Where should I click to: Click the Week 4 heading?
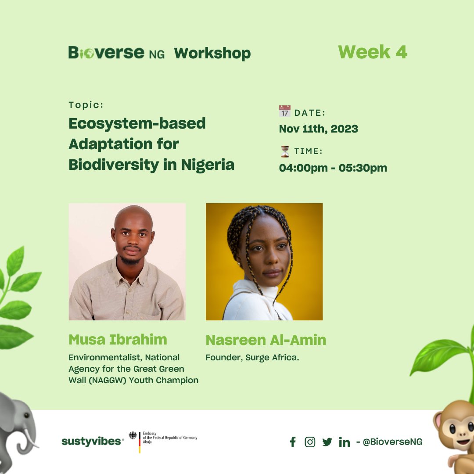click(373, 52)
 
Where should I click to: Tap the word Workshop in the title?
click(212, 53)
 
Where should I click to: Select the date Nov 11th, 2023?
click(319, 129)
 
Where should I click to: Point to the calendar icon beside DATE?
click(285, 111)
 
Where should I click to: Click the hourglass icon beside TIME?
click(285, 151)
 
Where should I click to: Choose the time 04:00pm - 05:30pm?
click(333, 168)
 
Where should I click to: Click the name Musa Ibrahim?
click(118, 340)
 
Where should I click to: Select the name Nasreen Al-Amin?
click(266, 340)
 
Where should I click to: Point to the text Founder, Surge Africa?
click(252, 358)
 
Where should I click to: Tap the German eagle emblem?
click(133, 436)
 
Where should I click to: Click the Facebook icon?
click(293, 442)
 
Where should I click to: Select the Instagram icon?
click(310, 442)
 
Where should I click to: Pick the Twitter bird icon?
click(327, 442)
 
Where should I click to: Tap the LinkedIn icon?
click(345, 442)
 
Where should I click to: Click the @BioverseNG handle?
click(392, 442)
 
